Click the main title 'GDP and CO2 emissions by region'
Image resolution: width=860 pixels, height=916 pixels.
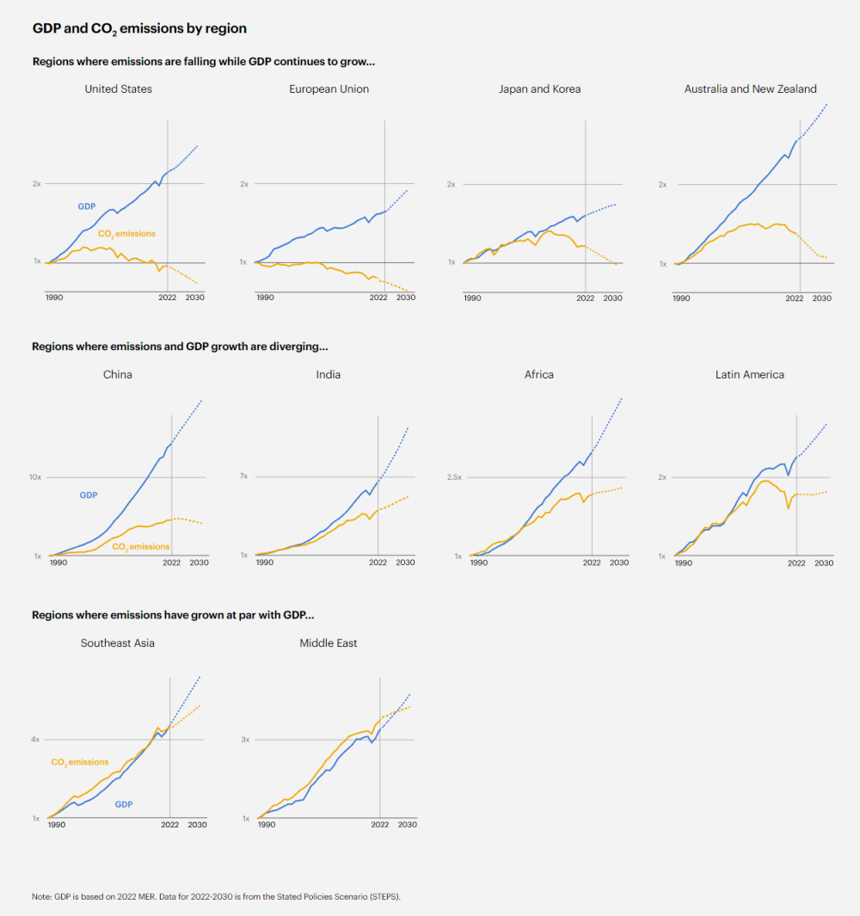click(x=139, y=28)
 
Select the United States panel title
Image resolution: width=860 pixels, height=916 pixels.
click(x=119, y=89)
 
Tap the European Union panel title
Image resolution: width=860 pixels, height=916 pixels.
click(x=329, y=89)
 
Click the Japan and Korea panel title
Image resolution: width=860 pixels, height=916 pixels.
click(x=539, y=89)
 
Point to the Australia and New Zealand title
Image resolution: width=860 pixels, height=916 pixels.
click(x=750, y=89)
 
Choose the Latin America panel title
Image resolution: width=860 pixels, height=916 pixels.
click(x=749, y=374)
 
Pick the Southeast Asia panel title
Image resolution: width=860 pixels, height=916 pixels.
click(x=118, y=642)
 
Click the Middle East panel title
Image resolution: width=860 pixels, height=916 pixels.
click(x=329, y=642)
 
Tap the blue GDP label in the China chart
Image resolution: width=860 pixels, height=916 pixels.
click(x=89, y=495)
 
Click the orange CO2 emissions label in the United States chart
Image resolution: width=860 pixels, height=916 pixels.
click(x=126, y=233)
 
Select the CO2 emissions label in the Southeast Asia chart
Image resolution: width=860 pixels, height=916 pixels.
click(x=80, y=762)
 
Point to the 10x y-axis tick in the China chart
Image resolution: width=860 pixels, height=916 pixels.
click(x=35, y=476)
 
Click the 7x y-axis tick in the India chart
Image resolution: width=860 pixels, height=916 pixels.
click(x=243, y=476)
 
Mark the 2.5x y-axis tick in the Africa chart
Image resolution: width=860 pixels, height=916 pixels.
click(x=453, y=476)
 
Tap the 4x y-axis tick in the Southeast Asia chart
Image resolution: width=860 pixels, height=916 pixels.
click(x=36, y=739)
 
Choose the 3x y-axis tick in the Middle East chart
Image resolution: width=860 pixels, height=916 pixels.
click(x=244, y=739)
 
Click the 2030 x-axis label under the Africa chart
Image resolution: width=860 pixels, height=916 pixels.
click(x=617, y=563)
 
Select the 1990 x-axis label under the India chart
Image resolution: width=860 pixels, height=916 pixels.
click(x=265, y=563)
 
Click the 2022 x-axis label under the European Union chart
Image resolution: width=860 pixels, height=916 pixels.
click(x=378, y=298)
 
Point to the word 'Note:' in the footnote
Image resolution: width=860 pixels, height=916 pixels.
click(x=42, y=896)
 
